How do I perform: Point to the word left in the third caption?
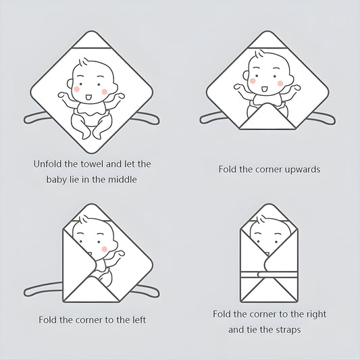click(x=138, y=320)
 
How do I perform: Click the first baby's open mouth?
click(x=88, y=97)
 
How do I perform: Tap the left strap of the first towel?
click(x=36, y=118)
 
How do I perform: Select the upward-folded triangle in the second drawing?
click(x=267, y=117)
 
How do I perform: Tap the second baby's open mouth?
click(x=264, y=88)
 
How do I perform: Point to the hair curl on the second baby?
click(x=259, y=55)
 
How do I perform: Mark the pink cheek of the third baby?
click(x=105, y=249)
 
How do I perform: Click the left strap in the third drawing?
click(x=43, y=289)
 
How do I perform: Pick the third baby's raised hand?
click(x=120, y=254)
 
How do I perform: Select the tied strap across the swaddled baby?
click(x=269, y=274)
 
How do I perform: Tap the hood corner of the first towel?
click(x=91, y=39)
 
